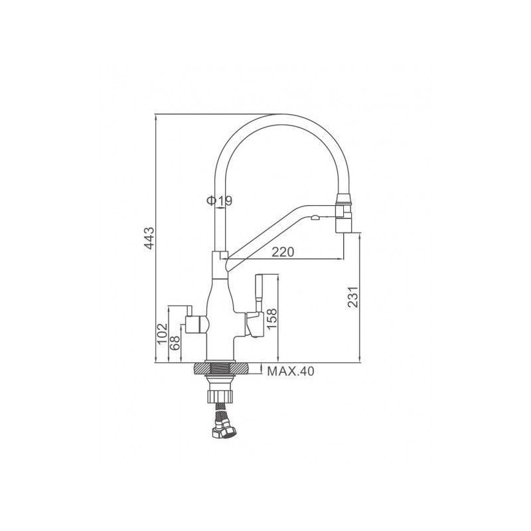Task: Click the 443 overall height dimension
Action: point(149,239)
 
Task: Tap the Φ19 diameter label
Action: point(220,201)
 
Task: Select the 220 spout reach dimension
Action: point(283,252)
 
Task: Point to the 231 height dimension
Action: point(353,297)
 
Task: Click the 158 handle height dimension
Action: point(271,319)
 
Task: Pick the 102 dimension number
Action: point(163,334)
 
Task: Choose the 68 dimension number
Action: point(175,343)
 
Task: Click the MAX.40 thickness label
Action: point(291,372)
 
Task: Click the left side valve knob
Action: point(196,324)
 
